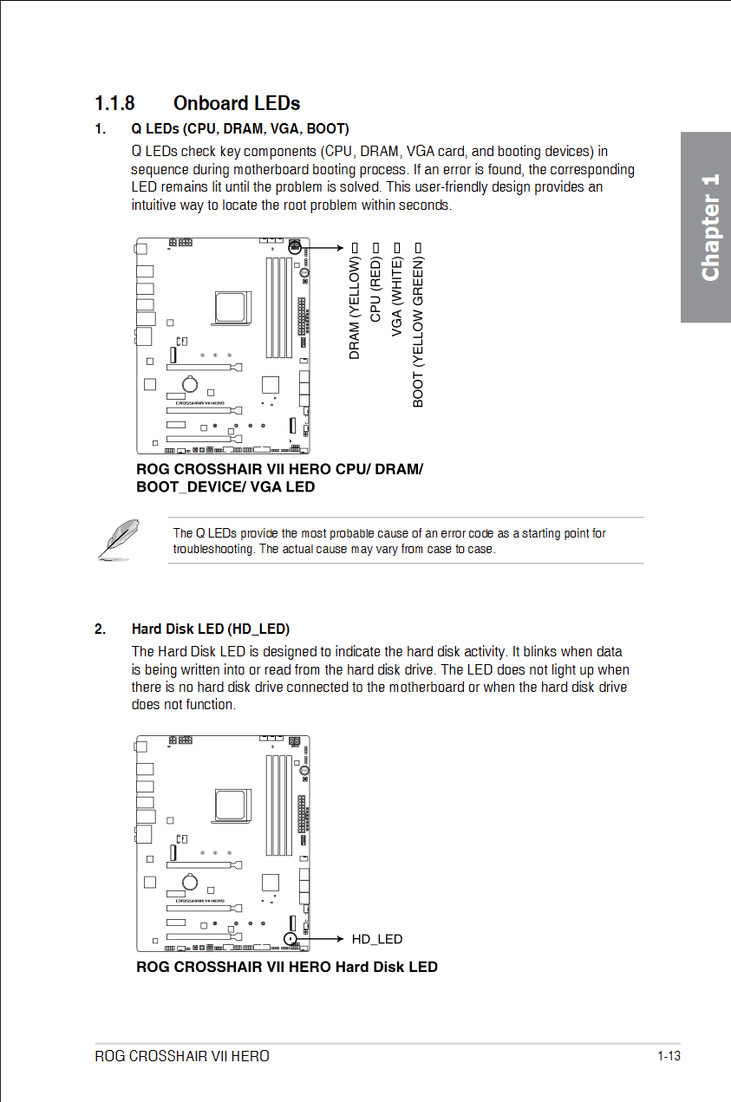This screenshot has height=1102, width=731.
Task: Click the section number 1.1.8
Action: (x=114, y=103)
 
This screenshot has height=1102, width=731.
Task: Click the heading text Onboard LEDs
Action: (x=237, y=103)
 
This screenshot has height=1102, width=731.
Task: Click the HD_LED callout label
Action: (x=376, y=939)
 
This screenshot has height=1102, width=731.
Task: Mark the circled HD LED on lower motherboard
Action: (x=291, y=938)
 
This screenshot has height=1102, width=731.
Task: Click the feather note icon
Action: (x=118, y=538)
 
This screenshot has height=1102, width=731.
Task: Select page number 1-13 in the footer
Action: (x=669, y=1056)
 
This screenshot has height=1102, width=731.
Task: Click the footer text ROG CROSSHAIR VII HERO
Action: (x=182, y=1056)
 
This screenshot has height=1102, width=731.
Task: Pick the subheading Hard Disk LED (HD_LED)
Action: (x=211, y=629)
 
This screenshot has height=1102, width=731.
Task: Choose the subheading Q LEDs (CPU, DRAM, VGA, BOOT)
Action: (x=240, y=129)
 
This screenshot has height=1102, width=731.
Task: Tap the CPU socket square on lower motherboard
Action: (x=232, y=805)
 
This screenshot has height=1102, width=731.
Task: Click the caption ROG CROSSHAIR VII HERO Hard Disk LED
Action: (x=287, y=967)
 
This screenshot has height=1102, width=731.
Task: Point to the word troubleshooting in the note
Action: (x=213, y=549)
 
